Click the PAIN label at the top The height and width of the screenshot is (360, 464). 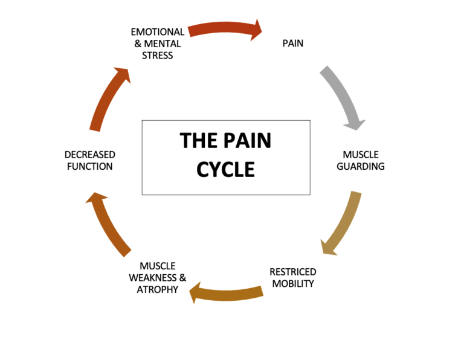pyautogui.click(x=292, y=43)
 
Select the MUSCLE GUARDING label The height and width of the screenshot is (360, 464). pyautogui.click(x=360, y=161)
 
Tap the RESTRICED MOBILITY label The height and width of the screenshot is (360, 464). pyautogui.click(x=292, y=277)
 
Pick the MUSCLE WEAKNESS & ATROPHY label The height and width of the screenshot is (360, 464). pyautogui.click(x=158, y=277)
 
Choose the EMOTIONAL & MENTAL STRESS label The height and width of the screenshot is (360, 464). pyautogui.click(x=158, y=43)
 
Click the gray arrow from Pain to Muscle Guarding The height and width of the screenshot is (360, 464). pyautogui.click(x=342, y=97)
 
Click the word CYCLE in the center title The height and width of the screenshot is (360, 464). pyautogui.click(x=225, y=169)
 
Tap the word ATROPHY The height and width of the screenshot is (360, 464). pyautogui.click(x=158, y=289)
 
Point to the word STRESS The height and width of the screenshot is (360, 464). pyautogui.click(x=158, y=56)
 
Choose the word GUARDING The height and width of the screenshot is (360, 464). pyautogui.click(x=360, y=166)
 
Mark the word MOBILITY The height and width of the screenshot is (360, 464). pyautogui.click(x=292, y=283)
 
